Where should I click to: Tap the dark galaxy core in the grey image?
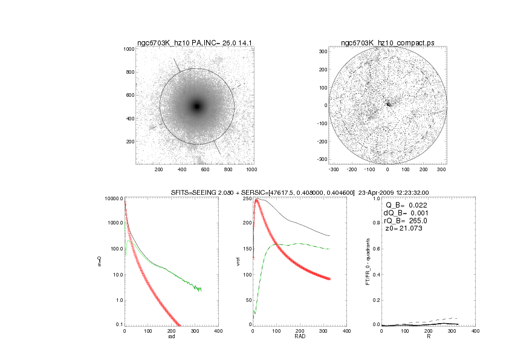pos(196,106)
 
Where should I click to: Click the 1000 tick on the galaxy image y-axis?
pos(128,49)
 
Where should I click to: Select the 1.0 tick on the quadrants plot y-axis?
pos(377,198)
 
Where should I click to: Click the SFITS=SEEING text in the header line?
pos(193,192)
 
